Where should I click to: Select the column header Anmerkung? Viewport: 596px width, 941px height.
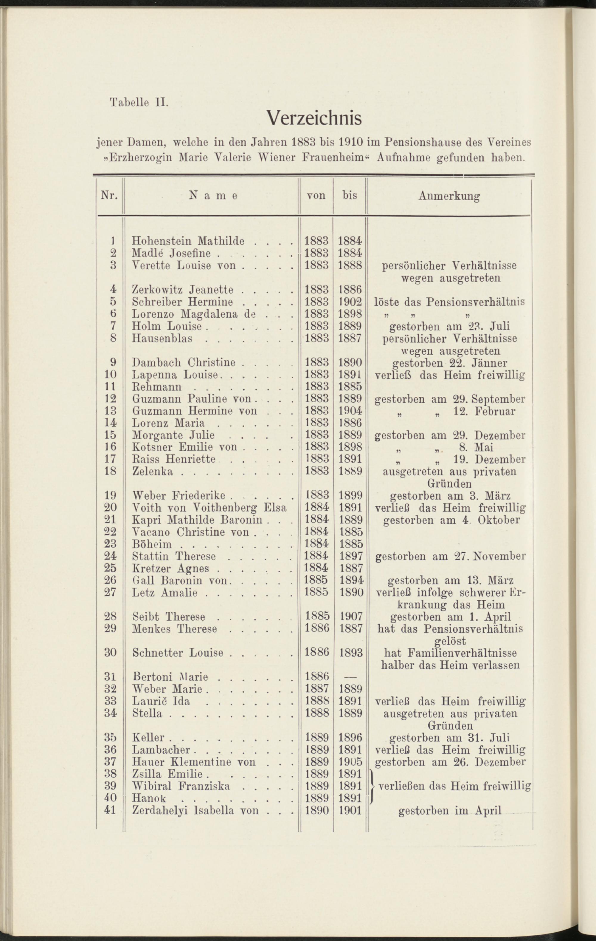(x=449, y=196)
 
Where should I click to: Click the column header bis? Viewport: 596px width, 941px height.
(x=350, y=195)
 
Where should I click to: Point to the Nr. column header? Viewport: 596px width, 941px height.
(x=109, y=195)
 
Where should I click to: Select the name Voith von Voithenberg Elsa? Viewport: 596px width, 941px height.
(x=209, y=508)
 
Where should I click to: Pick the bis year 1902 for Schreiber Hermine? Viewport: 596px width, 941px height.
(x=350, y=302)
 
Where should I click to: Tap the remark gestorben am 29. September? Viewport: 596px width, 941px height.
(x=450, y=399)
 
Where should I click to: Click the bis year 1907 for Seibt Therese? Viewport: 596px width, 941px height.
(x=350, y=617)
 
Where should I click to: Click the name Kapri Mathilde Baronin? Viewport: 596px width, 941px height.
(x=197, y=520)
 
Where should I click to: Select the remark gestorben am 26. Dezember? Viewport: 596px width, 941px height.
(x=450, y=762)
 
